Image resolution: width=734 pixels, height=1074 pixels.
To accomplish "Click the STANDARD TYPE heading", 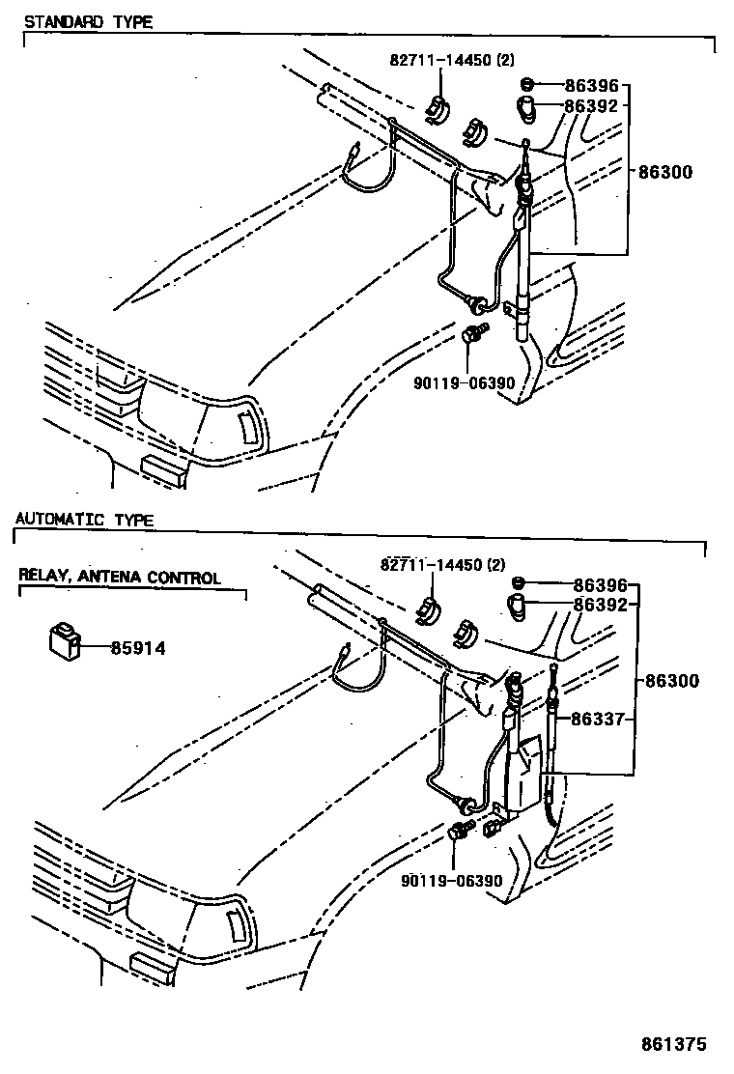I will pyautogui.click(x=88, y=21).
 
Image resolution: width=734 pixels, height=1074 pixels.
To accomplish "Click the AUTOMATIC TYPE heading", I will pyautogui.click(x=84, y=520).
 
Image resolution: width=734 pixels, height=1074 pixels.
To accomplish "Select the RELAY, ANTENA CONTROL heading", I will pyautogui.click(x=120, y=578).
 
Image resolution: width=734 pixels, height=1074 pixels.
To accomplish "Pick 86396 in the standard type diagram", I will pyautogui.click(x=591, y=86).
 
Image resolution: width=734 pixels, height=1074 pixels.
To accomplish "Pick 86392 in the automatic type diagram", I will pyautogui.click(x=601, y=606).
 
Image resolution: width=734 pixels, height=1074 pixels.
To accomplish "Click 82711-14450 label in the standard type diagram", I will pyautogui.click(x=452, y=59).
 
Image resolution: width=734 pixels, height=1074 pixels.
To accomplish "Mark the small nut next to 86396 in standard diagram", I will pyautogui.click(x=527, y=84).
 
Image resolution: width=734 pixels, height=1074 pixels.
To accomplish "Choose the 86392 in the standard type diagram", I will pyautogui.click(x=591, y=106).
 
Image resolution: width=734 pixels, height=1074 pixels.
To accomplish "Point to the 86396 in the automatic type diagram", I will pyautogui.click(x=601, y=585).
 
